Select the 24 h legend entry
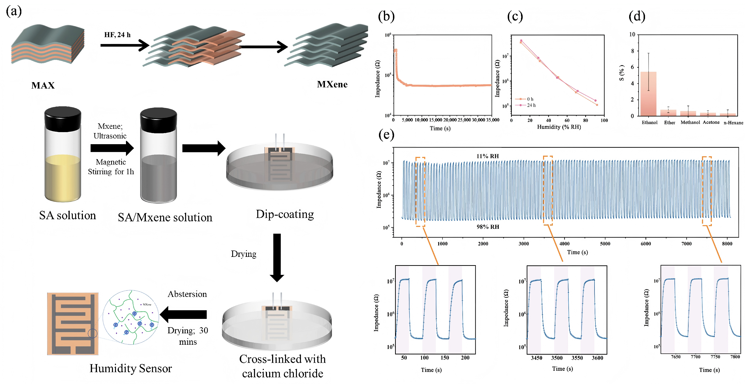tap(531, 105)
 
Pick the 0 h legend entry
tap(530, 99)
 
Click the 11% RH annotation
tap(488, 156)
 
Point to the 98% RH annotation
tap(488, 227)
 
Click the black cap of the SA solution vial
tap(63, 119)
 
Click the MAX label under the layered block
tap(43, 85)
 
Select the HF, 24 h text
tap(117, 35)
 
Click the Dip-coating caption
tap(285, 214)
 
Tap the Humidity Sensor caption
tap(130, 368)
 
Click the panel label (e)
tap(386, 135)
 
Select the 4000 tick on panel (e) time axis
tap(564, 244)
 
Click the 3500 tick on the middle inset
tap(557, 358)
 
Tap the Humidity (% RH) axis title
tap(559, 127)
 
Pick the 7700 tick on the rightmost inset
tap(695, 357)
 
